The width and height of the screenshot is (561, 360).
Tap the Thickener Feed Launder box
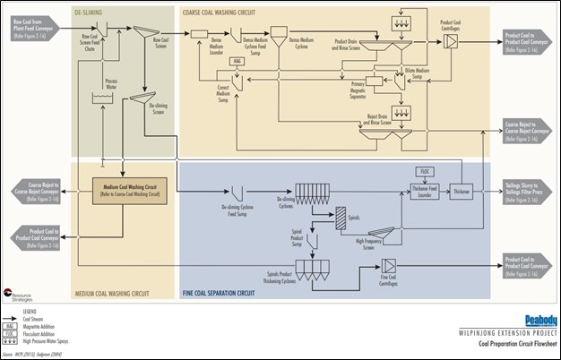click(425, 191)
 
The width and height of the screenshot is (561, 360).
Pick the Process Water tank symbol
click(113, 101)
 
